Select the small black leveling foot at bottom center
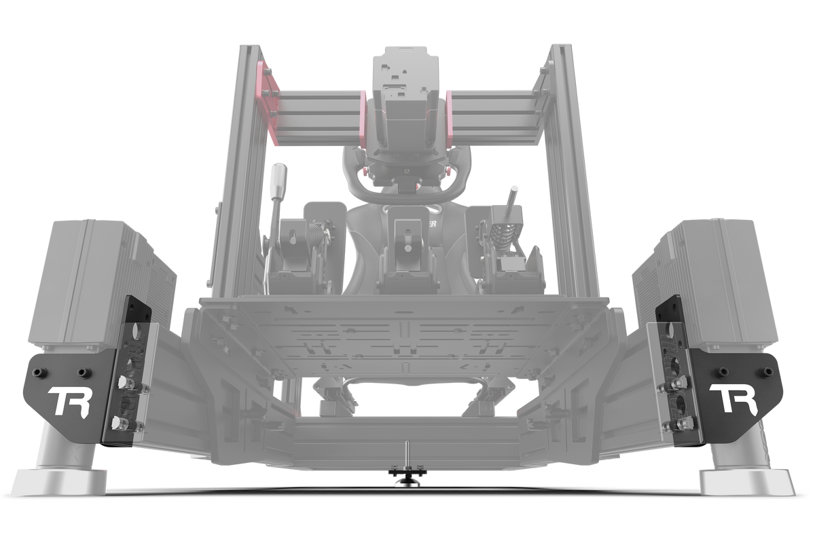[x=407, y=479]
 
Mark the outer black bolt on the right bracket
[x=767, y=372]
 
